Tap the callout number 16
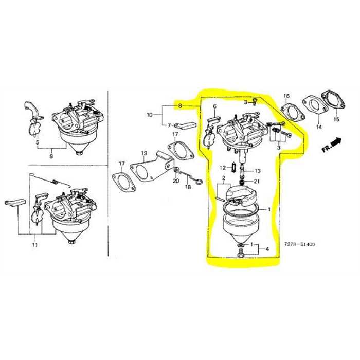coord(286,96)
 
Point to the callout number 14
coord(319,126)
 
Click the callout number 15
coord(336,119)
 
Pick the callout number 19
coord(145,153)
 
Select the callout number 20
coord(175,181)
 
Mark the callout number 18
coord(188,188)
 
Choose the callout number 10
coord(150,114)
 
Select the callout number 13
coord(257,171)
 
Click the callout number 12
coord(223,168)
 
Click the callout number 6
coord(215,106)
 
